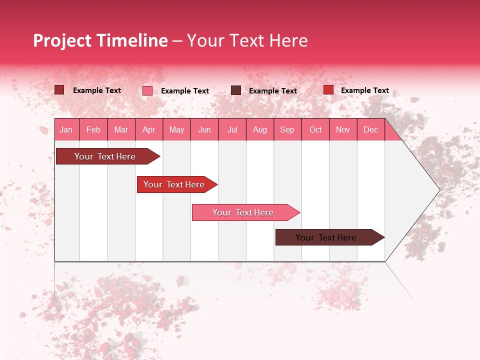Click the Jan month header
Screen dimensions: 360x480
point(66,129)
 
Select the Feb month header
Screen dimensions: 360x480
point(93,129)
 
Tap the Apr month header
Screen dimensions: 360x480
point(148,129)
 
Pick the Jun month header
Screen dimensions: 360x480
point(204,129)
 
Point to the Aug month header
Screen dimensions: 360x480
point(259,129)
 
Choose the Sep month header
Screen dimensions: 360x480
point(287,129)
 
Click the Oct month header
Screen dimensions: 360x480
point(315,129)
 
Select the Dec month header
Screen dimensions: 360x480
point(370,129)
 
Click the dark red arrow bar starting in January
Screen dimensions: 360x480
point(105,156)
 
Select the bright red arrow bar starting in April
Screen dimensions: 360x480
point(174,184)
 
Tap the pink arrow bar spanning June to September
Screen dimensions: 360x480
point(243,212)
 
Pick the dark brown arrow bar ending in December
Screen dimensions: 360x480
point(326,237)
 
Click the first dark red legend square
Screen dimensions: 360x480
point(59,90)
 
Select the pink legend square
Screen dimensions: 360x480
point(147,90)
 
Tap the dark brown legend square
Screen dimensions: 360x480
point(236,90)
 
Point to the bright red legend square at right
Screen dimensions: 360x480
point(328,90)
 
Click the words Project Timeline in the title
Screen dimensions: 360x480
point(100,40)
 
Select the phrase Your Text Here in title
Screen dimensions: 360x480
point(247,40)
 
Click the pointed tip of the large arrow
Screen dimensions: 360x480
point(438,189)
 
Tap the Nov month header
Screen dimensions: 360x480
point(342,129)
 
